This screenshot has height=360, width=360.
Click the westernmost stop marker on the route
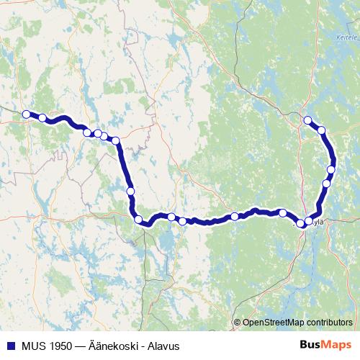[27, 114]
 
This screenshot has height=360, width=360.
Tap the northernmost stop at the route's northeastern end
[307, 120]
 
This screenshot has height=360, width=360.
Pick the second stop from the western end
[42, 118]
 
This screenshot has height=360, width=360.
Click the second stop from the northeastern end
[322, 130]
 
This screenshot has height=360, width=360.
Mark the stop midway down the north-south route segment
[130, 191]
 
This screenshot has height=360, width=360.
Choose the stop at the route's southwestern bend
[138, 220]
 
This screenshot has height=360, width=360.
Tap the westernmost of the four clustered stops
[87, 132]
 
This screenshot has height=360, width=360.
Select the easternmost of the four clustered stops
[114, 140]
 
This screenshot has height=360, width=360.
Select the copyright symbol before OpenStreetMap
[238, 322]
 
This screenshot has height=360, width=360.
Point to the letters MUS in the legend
[31, 346]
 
